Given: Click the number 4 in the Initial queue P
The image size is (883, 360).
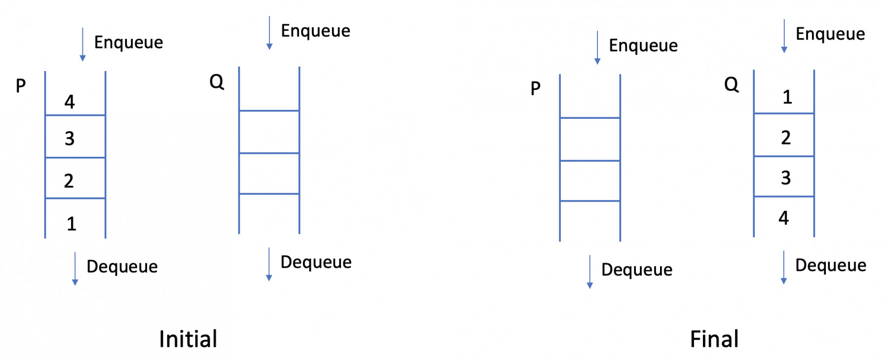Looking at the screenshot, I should pos(70,102).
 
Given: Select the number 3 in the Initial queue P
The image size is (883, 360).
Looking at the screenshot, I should pos(70,139).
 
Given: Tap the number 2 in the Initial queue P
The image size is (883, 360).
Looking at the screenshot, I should pos(69,181).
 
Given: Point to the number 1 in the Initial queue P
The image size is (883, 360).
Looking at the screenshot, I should pos(72,224).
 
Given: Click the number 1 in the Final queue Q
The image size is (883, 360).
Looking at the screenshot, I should pos(787,97).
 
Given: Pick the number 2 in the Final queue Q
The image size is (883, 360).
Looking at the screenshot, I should pos(786,138).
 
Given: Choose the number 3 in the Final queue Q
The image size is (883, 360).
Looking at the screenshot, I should pos(786,178).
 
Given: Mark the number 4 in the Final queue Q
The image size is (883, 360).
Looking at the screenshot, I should pos(784,218).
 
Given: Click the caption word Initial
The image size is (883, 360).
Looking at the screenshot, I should pos(188,339).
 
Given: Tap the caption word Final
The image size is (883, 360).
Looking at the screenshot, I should pos(714,339).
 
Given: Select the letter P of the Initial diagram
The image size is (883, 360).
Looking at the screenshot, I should pos(21,86).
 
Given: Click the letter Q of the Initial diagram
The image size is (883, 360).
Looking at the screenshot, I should pos(217,82).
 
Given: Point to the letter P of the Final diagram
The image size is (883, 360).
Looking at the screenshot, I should pos(536,89).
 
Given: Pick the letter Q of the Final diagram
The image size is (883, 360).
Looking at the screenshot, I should pos(731,85).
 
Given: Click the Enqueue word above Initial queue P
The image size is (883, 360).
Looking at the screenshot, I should pos(128,43).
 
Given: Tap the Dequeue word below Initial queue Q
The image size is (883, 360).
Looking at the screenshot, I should pos(316,262).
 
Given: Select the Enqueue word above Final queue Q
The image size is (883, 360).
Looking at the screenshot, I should pos(830,34).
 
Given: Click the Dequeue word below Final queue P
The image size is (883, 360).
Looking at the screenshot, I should pos(636,270).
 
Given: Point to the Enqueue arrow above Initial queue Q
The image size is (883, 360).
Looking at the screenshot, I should pos(269,33).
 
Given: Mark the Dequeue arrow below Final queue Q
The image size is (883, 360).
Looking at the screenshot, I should pos(783,267).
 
